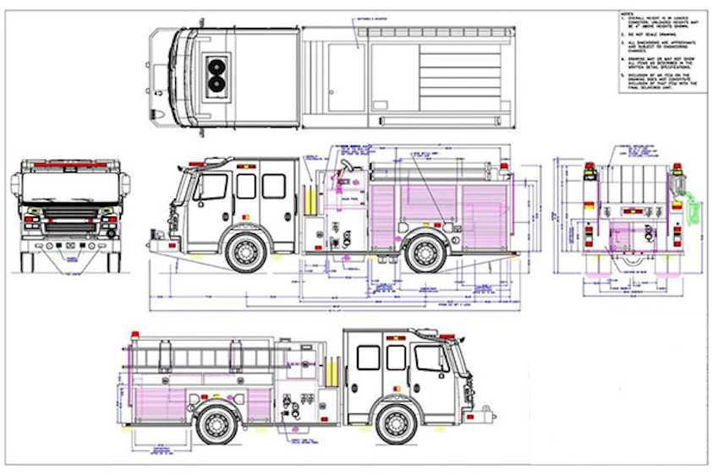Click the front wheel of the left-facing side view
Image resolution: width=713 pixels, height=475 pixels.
(245, 252)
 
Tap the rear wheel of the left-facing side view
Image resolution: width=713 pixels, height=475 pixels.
(424, 252)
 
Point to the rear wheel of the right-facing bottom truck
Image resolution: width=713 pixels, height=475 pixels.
(216, 423)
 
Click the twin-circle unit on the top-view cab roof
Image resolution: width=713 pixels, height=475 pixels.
(218, 74)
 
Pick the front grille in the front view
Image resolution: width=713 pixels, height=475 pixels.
(70, 227)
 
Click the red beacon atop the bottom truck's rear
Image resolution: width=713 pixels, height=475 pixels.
(133, 335)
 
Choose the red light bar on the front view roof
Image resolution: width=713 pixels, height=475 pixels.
(70, 163)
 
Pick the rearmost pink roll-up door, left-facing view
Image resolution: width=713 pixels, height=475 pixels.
(483, 211)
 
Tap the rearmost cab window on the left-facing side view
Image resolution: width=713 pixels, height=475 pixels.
(273, 186)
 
